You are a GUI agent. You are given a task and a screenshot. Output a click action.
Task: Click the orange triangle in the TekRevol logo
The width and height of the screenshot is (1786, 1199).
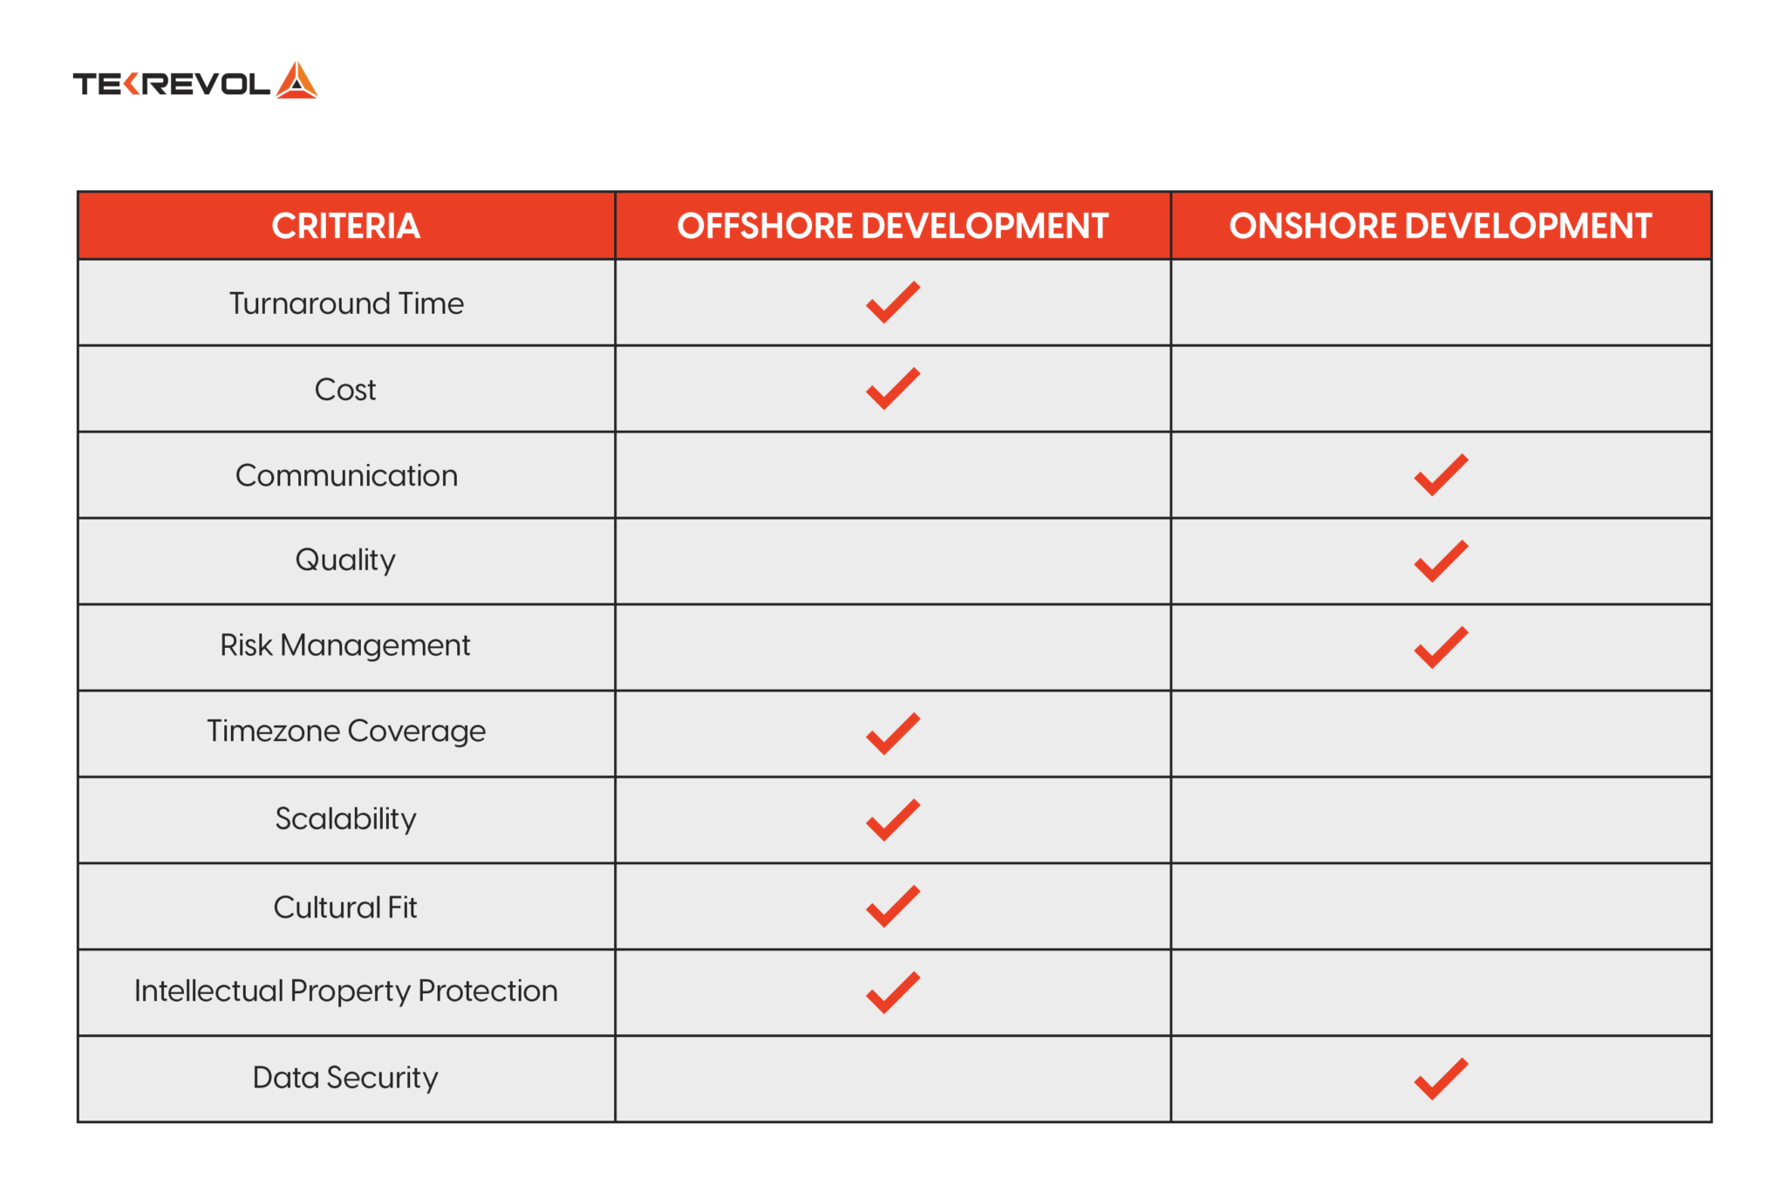(297, 81)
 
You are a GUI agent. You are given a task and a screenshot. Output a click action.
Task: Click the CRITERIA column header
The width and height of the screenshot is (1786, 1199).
(345, 226)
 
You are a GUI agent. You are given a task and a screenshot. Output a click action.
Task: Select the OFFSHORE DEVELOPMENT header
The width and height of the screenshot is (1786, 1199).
(892, 226)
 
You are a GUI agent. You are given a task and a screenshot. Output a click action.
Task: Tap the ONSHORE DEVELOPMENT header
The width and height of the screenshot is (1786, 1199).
(1440, 226)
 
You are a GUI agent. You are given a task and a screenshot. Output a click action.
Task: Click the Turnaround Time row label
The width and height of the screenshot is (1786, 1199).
(346, 303)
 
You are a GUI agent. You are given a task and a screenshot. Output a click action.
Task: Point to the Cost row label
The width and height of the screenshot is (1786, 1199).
(345, 389)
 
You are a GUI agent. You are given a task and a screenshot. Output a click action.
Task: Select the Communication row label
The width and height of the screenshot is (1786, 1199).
(346, 475)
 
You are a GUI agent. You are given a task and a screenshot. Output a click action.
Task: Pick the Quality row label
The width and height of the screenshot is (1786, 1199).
(345, 560)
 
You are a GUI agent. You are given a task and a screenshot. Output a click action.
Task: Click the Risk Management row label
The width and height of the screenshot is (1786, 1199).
(345, 645)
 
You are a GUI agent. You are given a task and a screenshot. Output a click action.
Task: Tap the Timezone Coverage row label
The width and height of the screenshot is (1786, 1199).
(346, 731)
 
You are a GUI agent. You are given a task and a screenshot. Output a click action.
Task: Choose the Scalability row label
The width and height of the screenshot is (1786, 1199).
(345, 819)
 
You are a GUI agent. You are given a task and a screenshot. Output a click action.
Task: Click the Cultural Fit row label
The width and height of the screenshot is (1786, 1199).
(345, 907)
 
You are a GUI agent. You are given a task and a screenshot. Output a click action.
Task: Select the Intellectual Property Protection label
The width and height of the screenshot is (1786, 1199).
(345, 991)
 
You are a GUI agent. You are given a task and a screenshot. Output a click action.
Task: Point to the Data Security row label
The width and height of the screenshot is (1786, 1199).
(345, 1078)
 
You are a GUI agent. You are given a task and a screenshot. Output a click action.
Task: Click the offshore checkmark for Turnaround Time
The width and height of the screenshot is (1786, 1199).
(892, 303)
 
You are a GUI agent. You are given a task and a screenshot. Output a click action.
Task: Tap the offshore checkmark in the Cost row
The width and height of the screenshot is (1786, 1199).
(892, 388)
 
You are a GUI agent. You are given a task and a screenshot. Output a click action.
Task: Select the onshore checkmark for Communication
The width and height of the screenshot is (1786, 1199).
(1441, 474)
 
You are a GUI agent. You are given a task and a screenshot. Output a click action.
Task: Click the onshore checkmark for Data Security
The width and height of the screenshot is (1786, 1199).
(1441, 1079)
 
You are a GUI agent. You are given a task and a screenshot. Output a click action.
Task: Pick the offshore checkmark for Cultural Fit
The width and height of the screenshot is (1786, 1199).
(892, 906)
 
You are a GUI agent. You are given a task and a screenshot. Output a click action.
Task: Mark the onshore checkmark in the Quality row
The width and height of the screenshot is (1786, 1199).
(1441, 561)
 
